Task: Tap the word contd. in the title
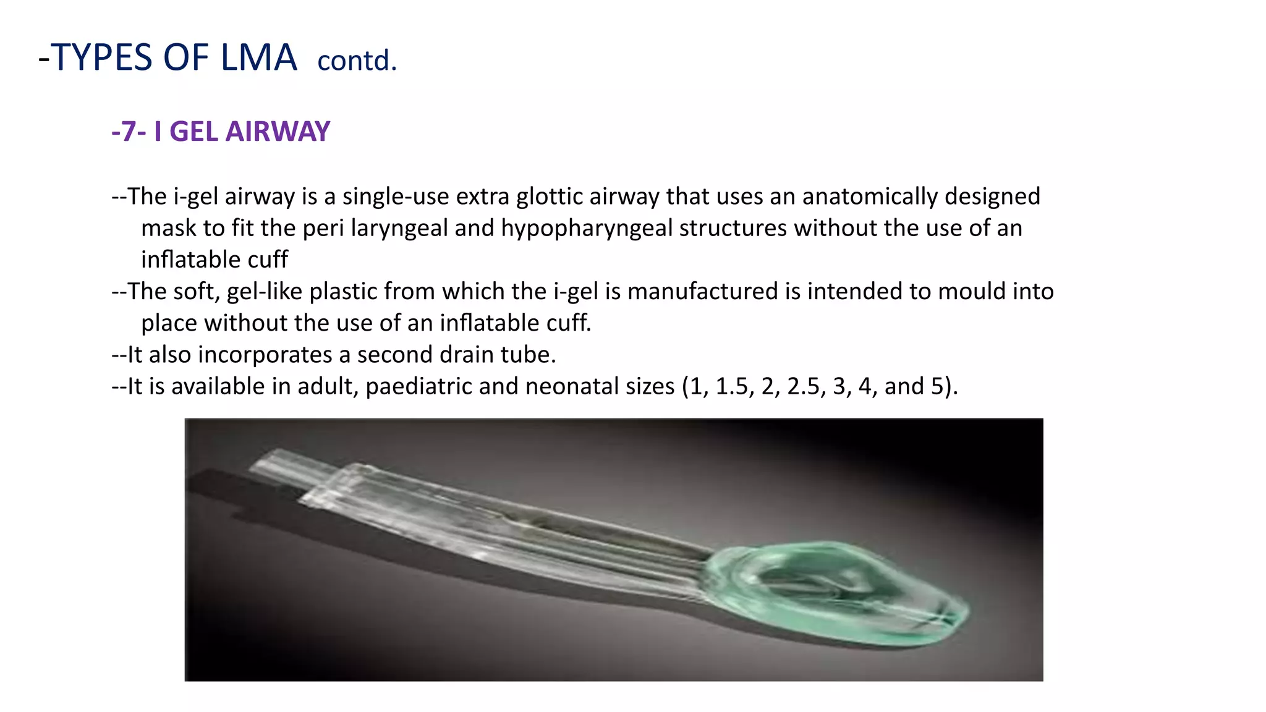[x=357, y=61]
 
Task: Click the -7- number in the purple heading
[x=129, y=131]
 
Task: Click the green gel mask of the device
[x=835, y=593]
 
